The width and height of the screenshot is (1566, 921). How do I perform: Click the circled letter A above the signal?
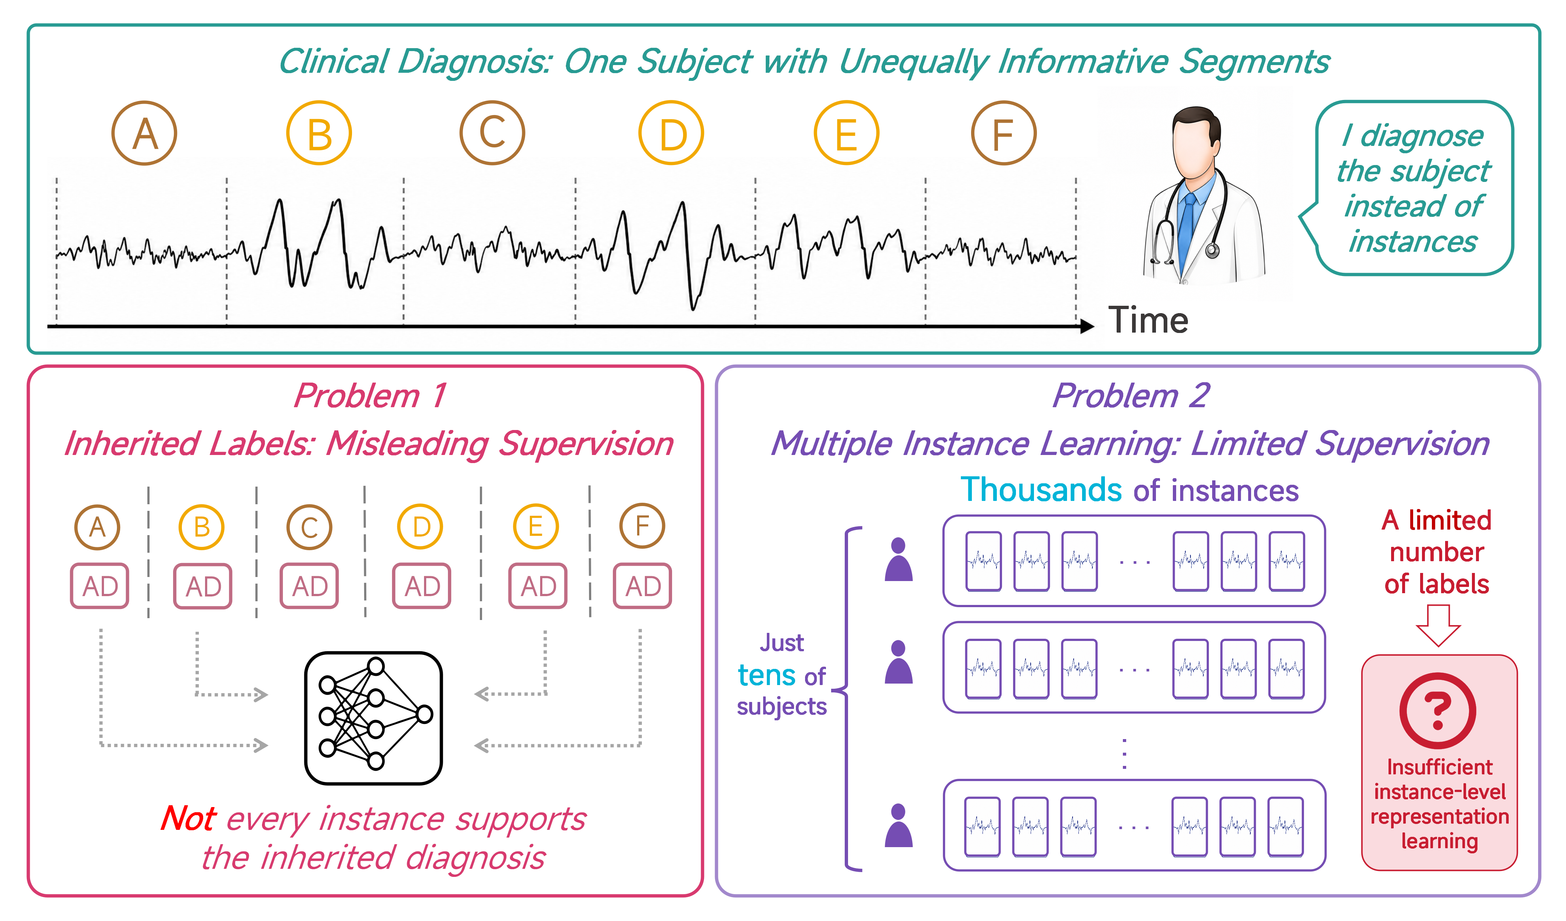click(x=144, y=133)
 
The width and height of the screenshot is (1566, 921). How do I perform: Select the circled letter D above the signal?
click(x=671, y=133)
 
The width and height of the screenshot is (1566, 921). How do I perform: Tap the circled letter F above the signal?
click(x=1003, y=133)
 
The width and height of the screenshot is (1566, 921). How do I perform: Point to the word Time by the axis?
click(x=1148, y=321)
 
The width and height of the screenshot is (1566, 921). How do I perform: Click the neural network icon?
click(x=373, y=718)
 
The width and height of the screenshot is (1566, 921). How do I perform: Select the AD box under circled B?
click(x=202, y=586)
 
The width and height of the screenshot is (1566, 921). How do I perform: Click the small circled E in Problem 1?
click(x=536, y=526)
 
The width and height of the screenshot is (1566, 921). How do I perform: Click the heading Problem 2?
click(x=1130, y=395)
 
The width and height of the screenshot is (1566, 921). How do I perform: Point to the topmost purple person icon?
click(x=899, y=559)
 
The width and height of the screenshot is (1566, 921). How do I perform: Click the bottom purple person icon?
click(x=899, y=825)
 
